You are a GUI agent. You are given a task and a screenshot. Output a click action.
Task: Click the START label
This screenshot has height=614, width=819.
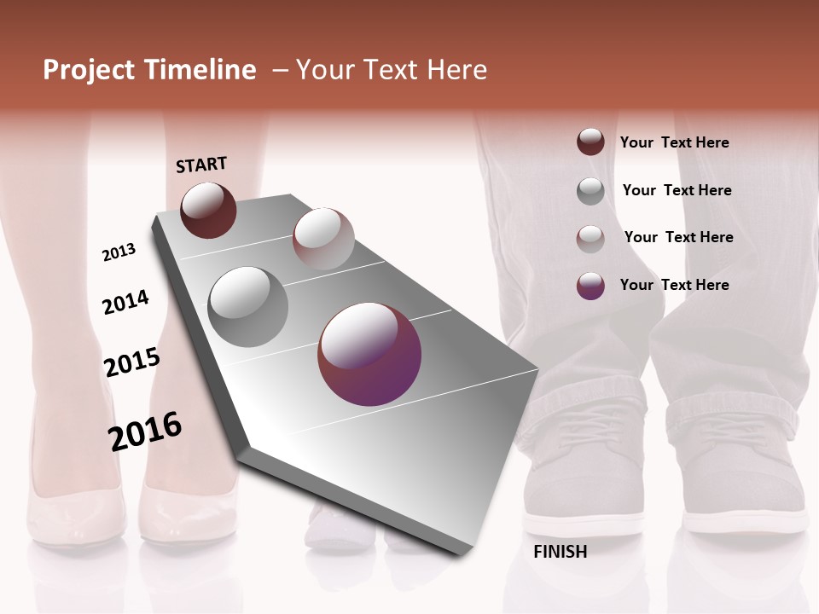[x=201, y=164]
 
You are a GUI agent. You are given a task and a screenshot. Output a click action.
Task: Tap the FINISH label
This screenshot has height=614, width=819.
[x=560, y=552]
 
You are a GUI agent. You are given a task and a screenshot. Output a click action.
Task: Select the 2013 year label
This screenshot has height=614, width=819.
[x=119, y=252]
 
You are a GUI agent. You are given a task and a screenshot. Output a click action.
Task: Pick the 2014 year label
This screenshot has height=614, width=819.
[x=125, y=302]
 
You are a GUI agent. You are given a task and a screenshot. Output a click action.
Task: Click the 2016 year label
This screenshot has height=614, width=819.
[x=145, y=431]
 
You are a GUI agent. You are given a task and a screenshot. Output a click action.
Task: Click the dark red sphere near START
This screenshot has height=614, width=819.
[x=208, y=210]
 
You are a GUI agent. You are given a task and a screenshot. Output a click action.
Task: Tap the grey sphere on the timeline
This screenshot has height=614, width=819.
[x=248, y=306]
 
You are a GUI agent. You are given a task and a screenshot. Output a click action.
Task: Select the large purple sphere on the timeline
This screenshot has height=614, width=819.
[x=369, y=354]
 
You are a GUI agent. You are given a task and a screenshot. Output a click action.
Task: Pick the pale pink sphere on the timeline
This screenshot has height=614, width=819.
[x=323, y=239]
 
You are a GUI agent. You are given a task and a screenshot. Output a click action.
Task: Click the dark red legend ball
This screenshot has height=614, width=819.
[x=590, y=142]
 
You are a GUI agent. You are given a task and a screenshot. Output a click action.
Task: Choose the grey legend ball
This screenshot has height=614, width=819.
[x=590, y=191]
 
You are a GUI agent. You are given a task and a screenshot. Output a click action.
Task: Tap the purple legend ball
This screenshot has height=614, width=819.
[x=590, y=286]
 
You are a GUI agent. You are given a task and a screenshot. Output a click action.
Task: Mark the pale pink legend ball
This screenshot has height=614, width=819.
[x=590, y=239]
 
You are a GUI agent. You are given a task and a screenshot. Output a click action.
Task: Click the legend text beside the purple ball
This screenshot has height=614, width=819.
[x=674, y=285]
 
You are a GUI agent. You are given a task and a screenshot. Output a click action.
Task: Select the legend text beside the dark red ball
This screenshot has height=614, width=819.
[x=674, y=142]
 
